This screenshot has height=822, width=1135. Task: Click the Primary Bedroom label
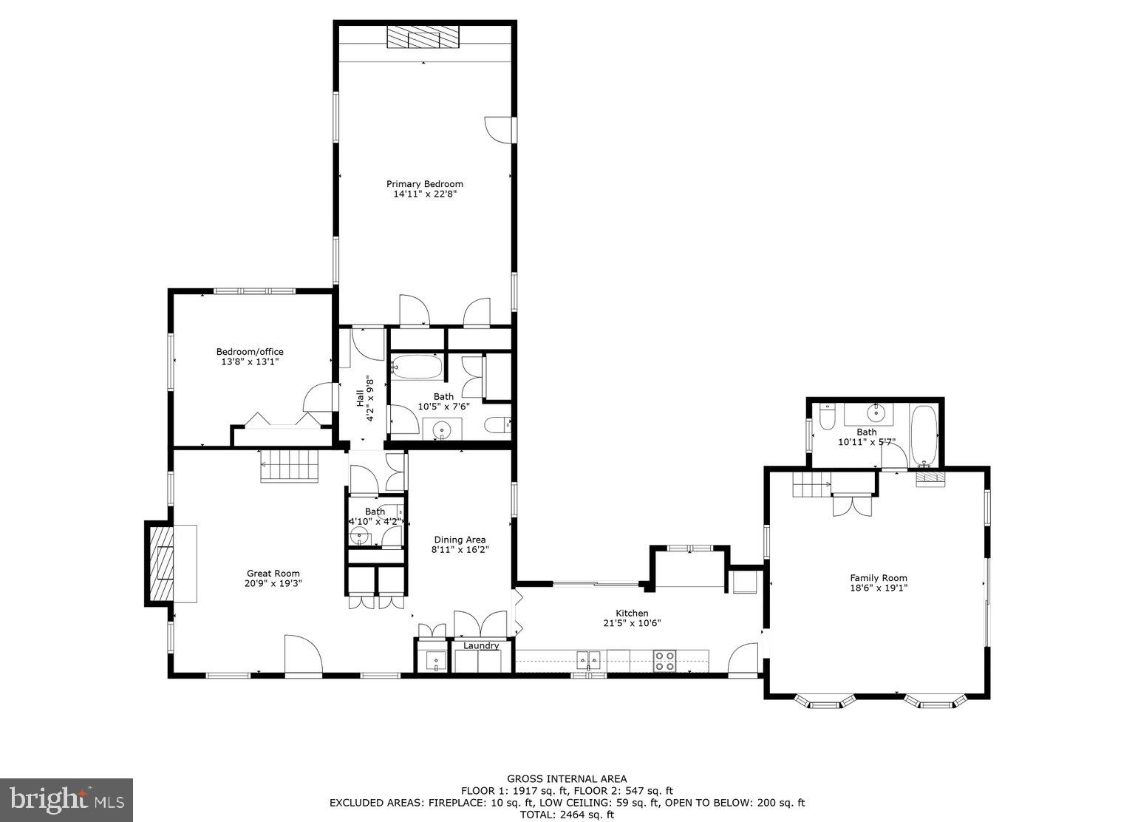pos(424,184)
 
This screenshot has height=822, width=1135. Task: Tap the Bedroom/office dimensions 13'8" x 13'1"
pos(249,362)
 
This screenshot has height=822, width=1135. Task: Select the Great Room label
pos(273,573)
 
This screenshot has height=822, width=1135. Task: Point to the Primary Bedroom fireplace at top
pos(423,37)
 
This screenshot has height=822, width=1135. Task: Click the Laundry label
pos(481,646)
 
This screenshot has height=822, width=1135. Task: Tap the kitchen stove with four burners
pos(664,660)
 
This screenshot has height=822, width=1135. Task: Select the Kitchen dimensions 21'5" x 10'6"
pos(632,623)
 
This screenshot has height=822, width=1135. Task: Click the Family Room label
pos(878,578)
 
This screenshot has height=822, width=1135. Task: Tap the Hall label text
pos(361,399)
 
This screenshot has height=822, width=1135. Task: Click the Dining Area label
pos(460,540)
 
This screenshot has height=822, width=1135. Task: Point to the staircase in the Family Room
pos(811,486)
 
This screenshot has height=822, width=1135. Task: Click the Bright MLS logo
pos(67,800)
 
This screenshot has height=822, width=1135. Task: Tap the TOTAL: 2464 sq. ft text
pos(567,815)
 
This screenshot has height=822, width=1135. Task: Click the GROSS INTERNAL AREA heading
pos(567,778)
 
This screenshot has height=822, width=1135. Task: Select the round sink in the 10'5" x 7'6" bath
pos(442,429)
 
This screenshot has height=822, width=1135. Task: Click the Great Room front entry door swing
pos(303,655)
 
